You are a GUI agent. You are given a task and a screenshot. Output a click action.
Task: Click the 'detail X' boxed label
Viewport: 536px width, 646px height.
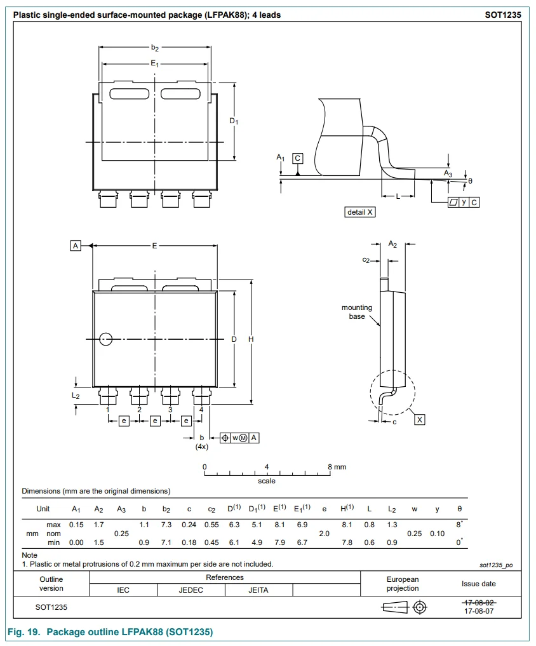[359, 212]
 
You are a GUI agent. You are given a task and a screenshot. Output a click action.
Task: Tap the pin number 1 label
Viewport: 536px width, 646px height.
[108, 410]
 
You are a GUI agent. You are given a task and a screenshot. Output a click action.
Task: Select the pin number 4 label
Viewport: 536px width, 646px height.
[201, 410]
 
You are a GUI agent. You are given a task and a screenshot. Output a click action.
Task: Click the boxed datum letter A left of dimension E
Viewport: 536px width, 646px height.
[76, 245]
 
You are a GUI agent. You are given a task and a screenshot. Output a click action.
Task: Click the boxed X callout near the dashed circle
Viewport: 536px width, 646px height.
[420, 420]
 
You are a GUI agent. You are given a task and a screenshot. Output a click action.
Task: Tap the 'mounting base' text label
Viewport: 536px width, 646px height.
[357, 312]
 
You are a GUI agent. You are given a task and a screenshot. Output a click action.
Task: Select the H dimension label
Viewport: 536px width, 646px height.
[251, 339]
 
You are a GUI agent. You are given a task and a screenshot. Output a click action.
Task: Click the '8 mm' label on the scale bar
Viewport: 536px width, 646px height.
[337, 467]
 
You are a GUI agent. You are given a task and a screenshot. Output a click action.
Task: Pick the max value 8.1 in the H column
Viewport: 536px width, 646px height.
[347, 525]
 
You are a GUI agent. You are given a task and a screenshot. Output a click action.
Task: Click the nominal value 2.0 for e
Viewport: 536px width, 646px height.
[324, 534]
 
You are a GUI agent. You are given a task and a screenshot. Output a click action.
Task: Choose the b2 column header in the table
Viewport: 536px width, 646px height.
[166, 509]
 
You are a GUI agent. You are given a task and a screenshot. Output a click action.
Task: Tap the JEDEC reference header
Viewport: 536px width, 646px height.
[191, 590]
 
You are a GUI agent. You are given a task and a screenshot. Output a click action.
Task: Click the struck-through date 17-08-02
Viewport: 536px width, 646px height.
[479, 602]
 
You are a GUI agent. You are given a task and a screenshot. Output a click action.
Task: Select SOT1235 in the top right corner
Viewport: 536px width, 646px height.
[507, 15]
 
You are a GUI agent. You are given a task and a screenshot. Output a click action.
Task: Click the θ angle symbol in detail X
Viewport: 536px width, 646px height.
[470, 181]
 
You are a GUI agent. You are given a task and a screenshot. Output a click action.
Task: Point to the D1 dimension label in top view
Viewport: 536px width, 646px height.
[234, 121]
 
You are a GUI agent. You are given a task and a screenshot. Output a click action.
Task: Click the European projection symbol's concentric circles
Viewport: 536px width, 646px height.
[419, 608]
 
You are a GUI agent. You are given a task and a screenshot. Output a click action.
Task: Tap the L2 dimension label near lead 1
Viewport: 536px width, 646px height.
[76, 396]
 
